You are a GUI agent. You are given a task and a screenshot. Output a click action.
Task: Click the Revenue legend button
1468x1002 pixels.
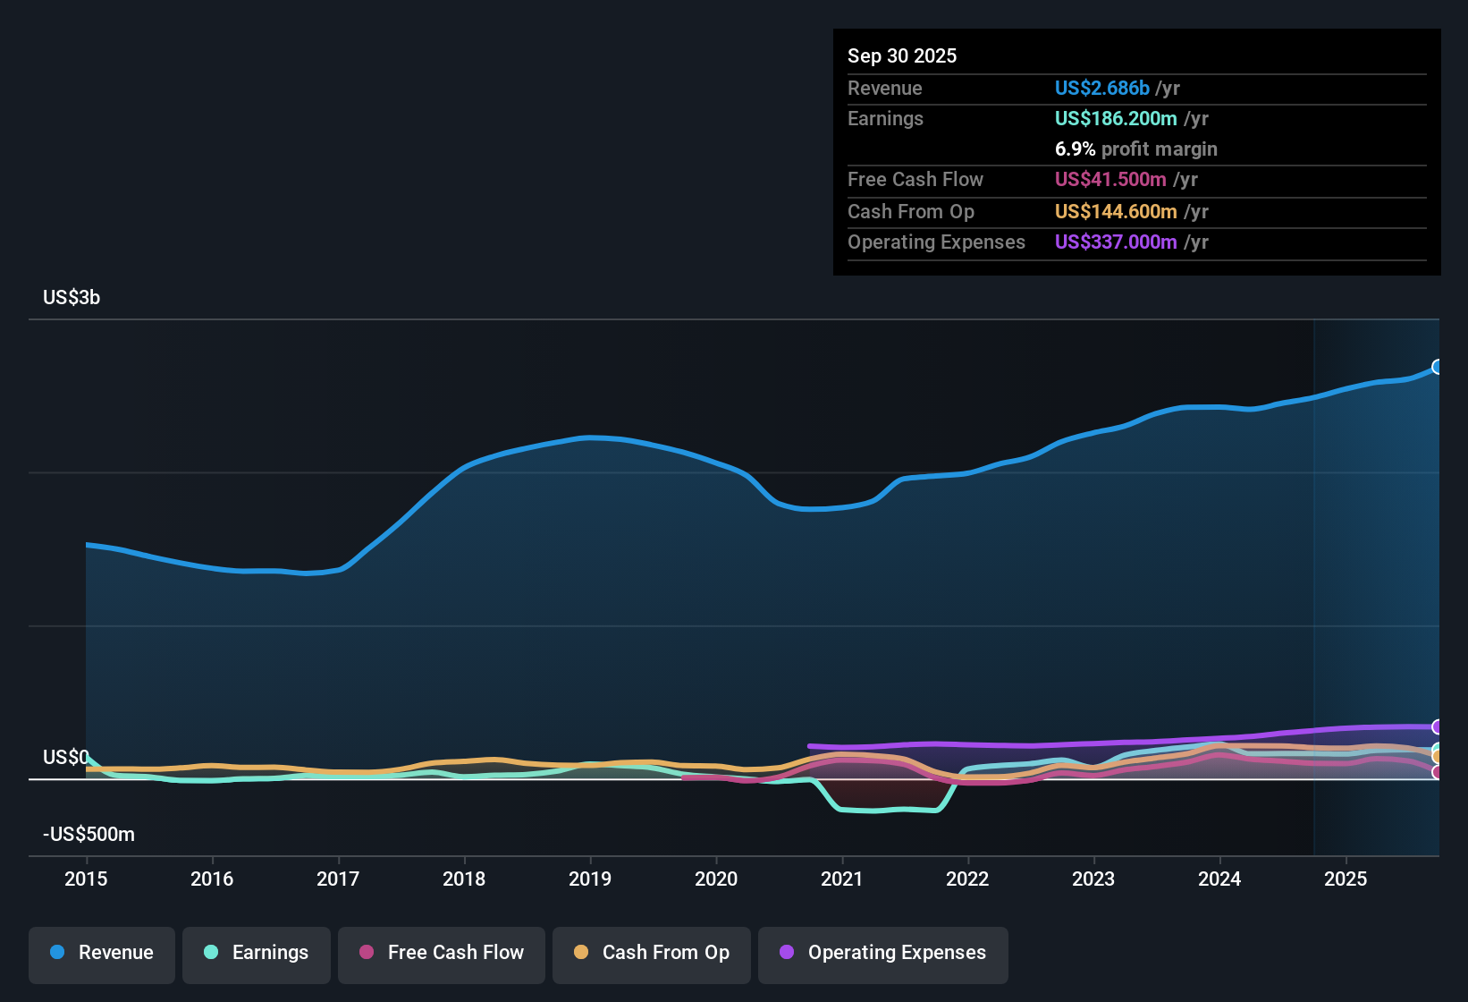[102, 953]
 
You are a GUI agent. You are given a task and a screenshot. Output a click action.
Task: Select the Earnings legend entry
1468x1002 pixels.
[257, 953]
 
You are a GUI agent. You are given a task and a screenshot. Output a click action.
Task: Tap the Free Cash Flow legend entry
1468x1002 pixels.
[442, 953]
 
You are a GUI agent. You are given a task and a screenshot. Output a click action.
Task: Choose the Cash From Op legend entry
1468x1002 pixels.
[652, 953]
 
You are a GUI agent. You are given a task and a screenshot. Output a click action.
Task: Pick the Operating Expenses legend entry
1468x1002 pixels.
[883, 953]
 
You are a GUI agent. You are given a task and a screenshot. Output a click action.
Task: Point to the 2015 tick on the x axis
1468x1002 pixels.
[86, 879]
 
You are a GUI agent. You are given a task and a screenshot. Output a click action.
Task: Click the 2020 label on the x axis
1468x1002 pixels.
[716, 879]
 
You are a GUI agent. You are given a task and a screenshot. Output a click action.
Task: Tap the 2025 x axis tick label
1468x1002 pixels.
[1346, 879]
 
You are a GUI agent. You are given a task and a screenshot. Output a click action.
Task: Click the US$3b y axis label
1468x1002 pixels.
[72, 298]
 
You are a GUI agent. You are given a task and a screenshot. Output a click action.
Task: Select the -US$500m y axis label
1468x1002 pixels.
[89, 835]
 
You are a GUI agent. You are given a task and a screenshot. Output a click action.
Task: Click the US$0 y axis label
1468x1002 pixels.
[65, 758]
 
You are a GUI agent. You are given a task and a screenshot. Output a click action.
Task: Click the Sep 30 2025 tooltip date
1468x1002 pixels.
[901, 56]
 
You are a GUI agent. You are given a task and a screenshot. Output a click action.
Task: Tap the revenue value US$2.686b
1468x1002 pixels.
[1101, 89]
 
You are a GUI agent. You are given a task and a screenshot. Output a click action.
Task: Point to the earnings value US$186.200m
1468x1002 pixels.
[1115, 119]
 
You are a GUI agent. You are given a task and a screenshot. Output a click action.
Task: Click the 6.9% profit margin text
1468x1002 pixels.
[1135, 149]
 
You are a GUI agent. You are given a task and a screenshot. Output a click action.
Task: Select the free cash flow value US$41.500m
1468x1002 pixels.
[1109, 180]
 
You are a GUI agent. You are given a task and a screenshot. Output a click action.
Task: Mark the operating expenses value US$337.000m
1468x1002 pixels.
[1115, 242]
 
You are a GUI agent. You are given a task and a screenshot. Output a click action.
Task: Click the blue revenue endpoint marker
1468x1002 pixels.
[1437, 367]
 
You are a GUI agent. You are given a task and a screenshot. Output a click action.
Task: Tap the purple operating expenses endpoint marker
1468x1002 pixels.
[1437, 726]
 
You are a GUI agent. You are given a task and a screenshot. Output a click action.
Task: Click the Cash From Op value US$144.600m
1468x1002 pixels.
[1115, 212]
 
